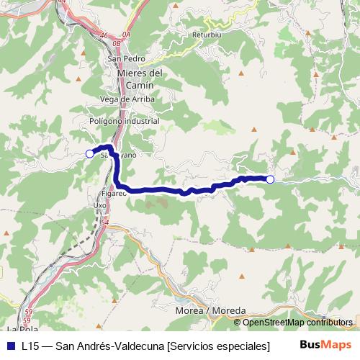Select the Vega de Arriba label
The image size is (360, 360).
pos(125,99)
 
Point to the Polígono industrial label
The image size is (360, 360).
pos(125,122)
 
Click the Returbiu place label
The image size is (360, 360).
pos(206,33)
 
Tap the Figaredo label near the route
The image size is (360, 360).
pos(114,193)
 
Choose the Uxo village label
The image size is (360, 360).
pos(99,204)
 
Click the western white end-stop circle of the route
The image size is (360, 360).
pos(90,153)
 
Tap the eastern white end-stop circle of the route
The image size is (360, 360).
pos(270,179)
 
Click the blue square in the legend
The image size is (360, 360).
pos(10,346)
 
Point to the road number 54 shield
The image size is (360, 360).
pos(105,222)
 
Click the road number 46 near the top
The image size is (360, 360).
pos(105,35)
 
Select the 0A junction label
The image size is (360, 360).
pos(127,34)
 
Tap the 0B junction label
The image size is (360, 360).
pos(117,42)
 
